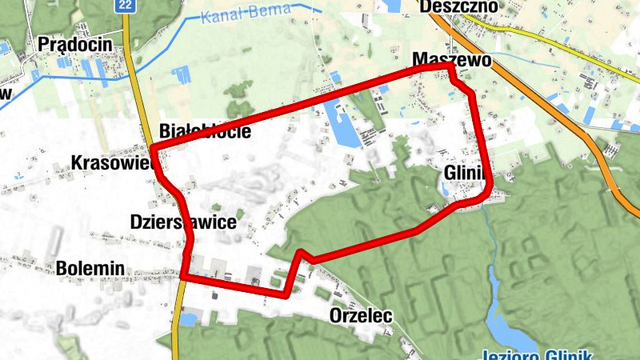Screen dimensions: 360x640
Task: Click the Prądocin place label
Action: pos(76,45)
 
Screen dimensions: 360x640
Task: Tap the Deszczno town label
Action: pos(457,7)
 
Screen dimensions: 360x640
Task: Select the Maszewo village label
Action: pos(451,60)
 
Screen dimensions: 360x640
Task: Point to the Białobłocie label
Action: pos(205,131)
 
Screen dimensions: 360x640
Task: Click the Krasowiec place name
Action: pos(111,162)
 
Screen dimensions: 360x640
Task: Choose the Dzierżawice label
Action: pos(183,222)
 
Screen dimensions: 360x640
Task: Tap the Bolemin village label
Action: pos(90,269)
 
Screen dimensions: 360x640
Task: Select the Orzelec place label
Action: pos(361,316)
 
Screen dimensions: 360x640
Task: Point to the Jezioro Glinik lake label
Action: pos(537,354)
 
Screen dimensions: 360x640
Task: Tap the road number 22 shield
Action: pos(124,6)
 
